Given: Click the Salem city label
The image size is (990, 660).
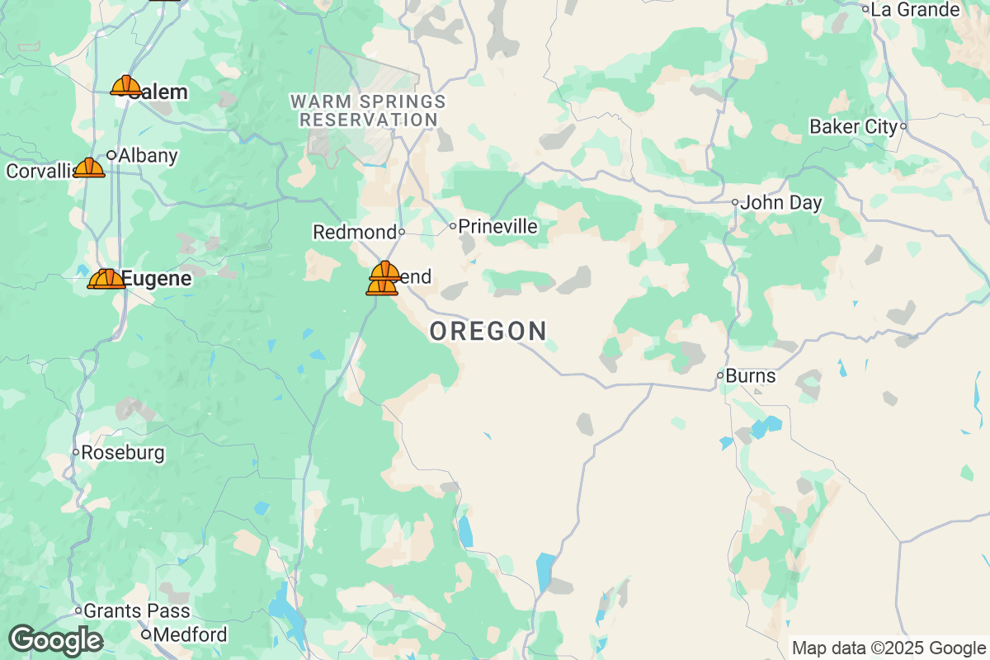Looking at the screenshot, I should (x=161, y=92).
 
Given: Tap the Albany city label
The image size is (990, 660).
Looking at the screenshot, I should (x=148, y=155).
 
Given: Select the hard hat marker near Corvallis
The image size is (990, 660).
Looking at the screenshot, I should (x=88, y=168).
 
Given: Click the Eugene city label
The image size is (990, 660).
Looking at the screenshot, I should (x=157, y=279).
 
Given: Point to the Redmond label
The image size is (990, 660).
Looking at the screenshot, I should (x=354, y=233).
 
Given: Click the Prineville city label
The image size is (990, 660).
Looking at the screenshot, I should (x=497, y=226).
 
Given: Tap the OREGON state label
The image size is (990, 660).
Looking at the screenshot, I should (x=488, y=332).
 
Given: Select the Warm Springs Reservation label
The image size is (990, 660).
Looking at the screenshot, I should (x=368, y=111).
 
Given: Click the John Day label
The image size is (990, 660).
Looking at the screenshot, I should (x=780, y=203).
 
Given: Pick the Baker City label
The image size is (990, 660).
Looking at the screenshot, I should (x=853, y=127).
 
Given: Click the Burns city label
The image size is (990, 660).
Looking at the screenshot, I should (x=750, y=376).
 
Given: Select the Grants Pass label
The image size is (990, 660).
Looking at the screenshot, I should (x=137, y=611).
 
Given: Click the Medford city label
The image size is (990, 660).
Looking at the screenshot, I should (x=191, y=635).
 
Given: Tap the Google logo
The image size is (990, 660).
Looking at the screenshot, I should (x=55, y=641).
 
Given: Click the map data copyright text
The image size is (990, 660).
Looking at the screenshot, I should (x=889, y=648).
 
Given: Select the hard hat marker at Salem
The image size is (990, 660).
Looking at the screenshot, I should (x=125, y=86).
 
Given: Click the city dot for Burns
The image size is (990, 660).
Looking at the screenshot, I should (x=720, y=375).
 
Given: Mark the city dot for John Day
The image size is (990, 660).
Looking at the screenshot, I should (x=735, y=202).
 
